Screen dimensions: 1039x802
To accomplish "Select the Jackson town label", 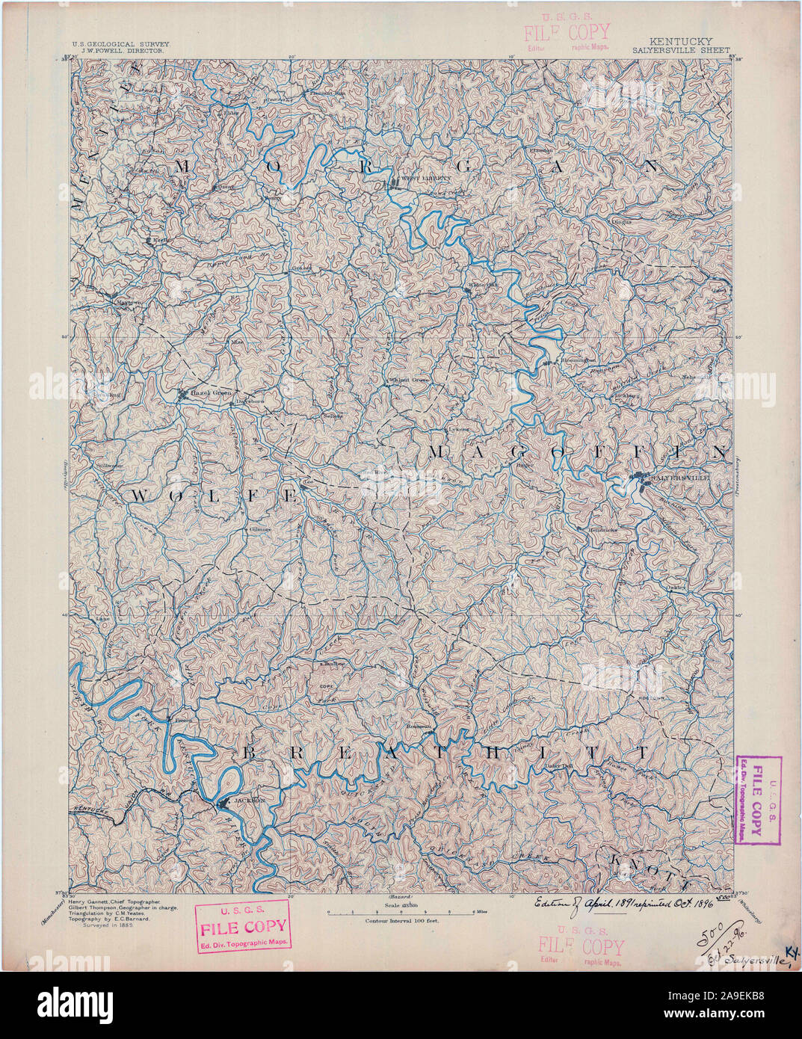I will pyautogui.click(x=250, y=800).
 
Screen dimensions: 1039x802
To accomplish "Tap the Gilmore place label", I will pyautogui.click(x=259, y=528).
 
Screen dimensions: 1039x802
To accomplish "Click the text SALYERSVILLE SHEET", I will pyautogui.click(x=680, y=51).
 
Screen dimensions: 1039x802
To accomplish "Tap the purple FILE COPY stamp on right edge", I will pyautogui.click(x=759, y=799).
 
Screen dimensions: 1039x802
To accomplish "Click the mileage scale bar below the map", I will pyautogui.click(x=401, y=913).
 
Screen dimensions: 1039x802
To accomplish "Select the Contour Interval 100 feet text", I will pyautogui.click(x=401, y=922).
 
